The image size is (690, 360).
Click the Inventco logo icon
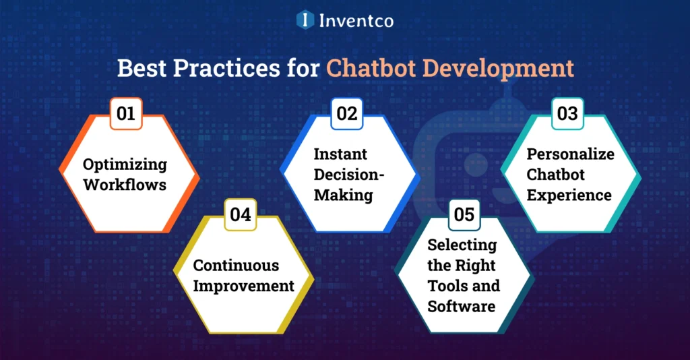tap(306, 20)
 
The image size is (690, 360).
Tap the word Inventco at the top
tap(356, 21)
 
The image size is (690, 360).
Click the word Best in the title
tap(142, 69)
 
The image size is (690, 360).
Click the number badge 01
tap(126, 113)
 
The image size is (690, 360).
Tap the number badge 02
tap(347, 113)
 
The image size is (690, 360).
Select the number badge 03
tap(568, 113)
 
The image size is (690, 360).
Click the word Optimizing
tap(125, 164)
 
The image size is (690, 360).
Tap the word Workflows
tap(125, 184)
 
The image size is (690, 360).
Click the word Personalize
tap(571, 154)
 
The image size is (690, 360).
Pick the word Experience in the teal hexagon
tap(569, 195)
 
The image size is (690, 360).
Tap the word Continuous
tap(236, 265)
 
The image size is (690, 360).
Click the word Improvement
tap(244, 286)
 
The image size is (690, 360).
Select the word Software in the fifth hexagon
tap(462, 306)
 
